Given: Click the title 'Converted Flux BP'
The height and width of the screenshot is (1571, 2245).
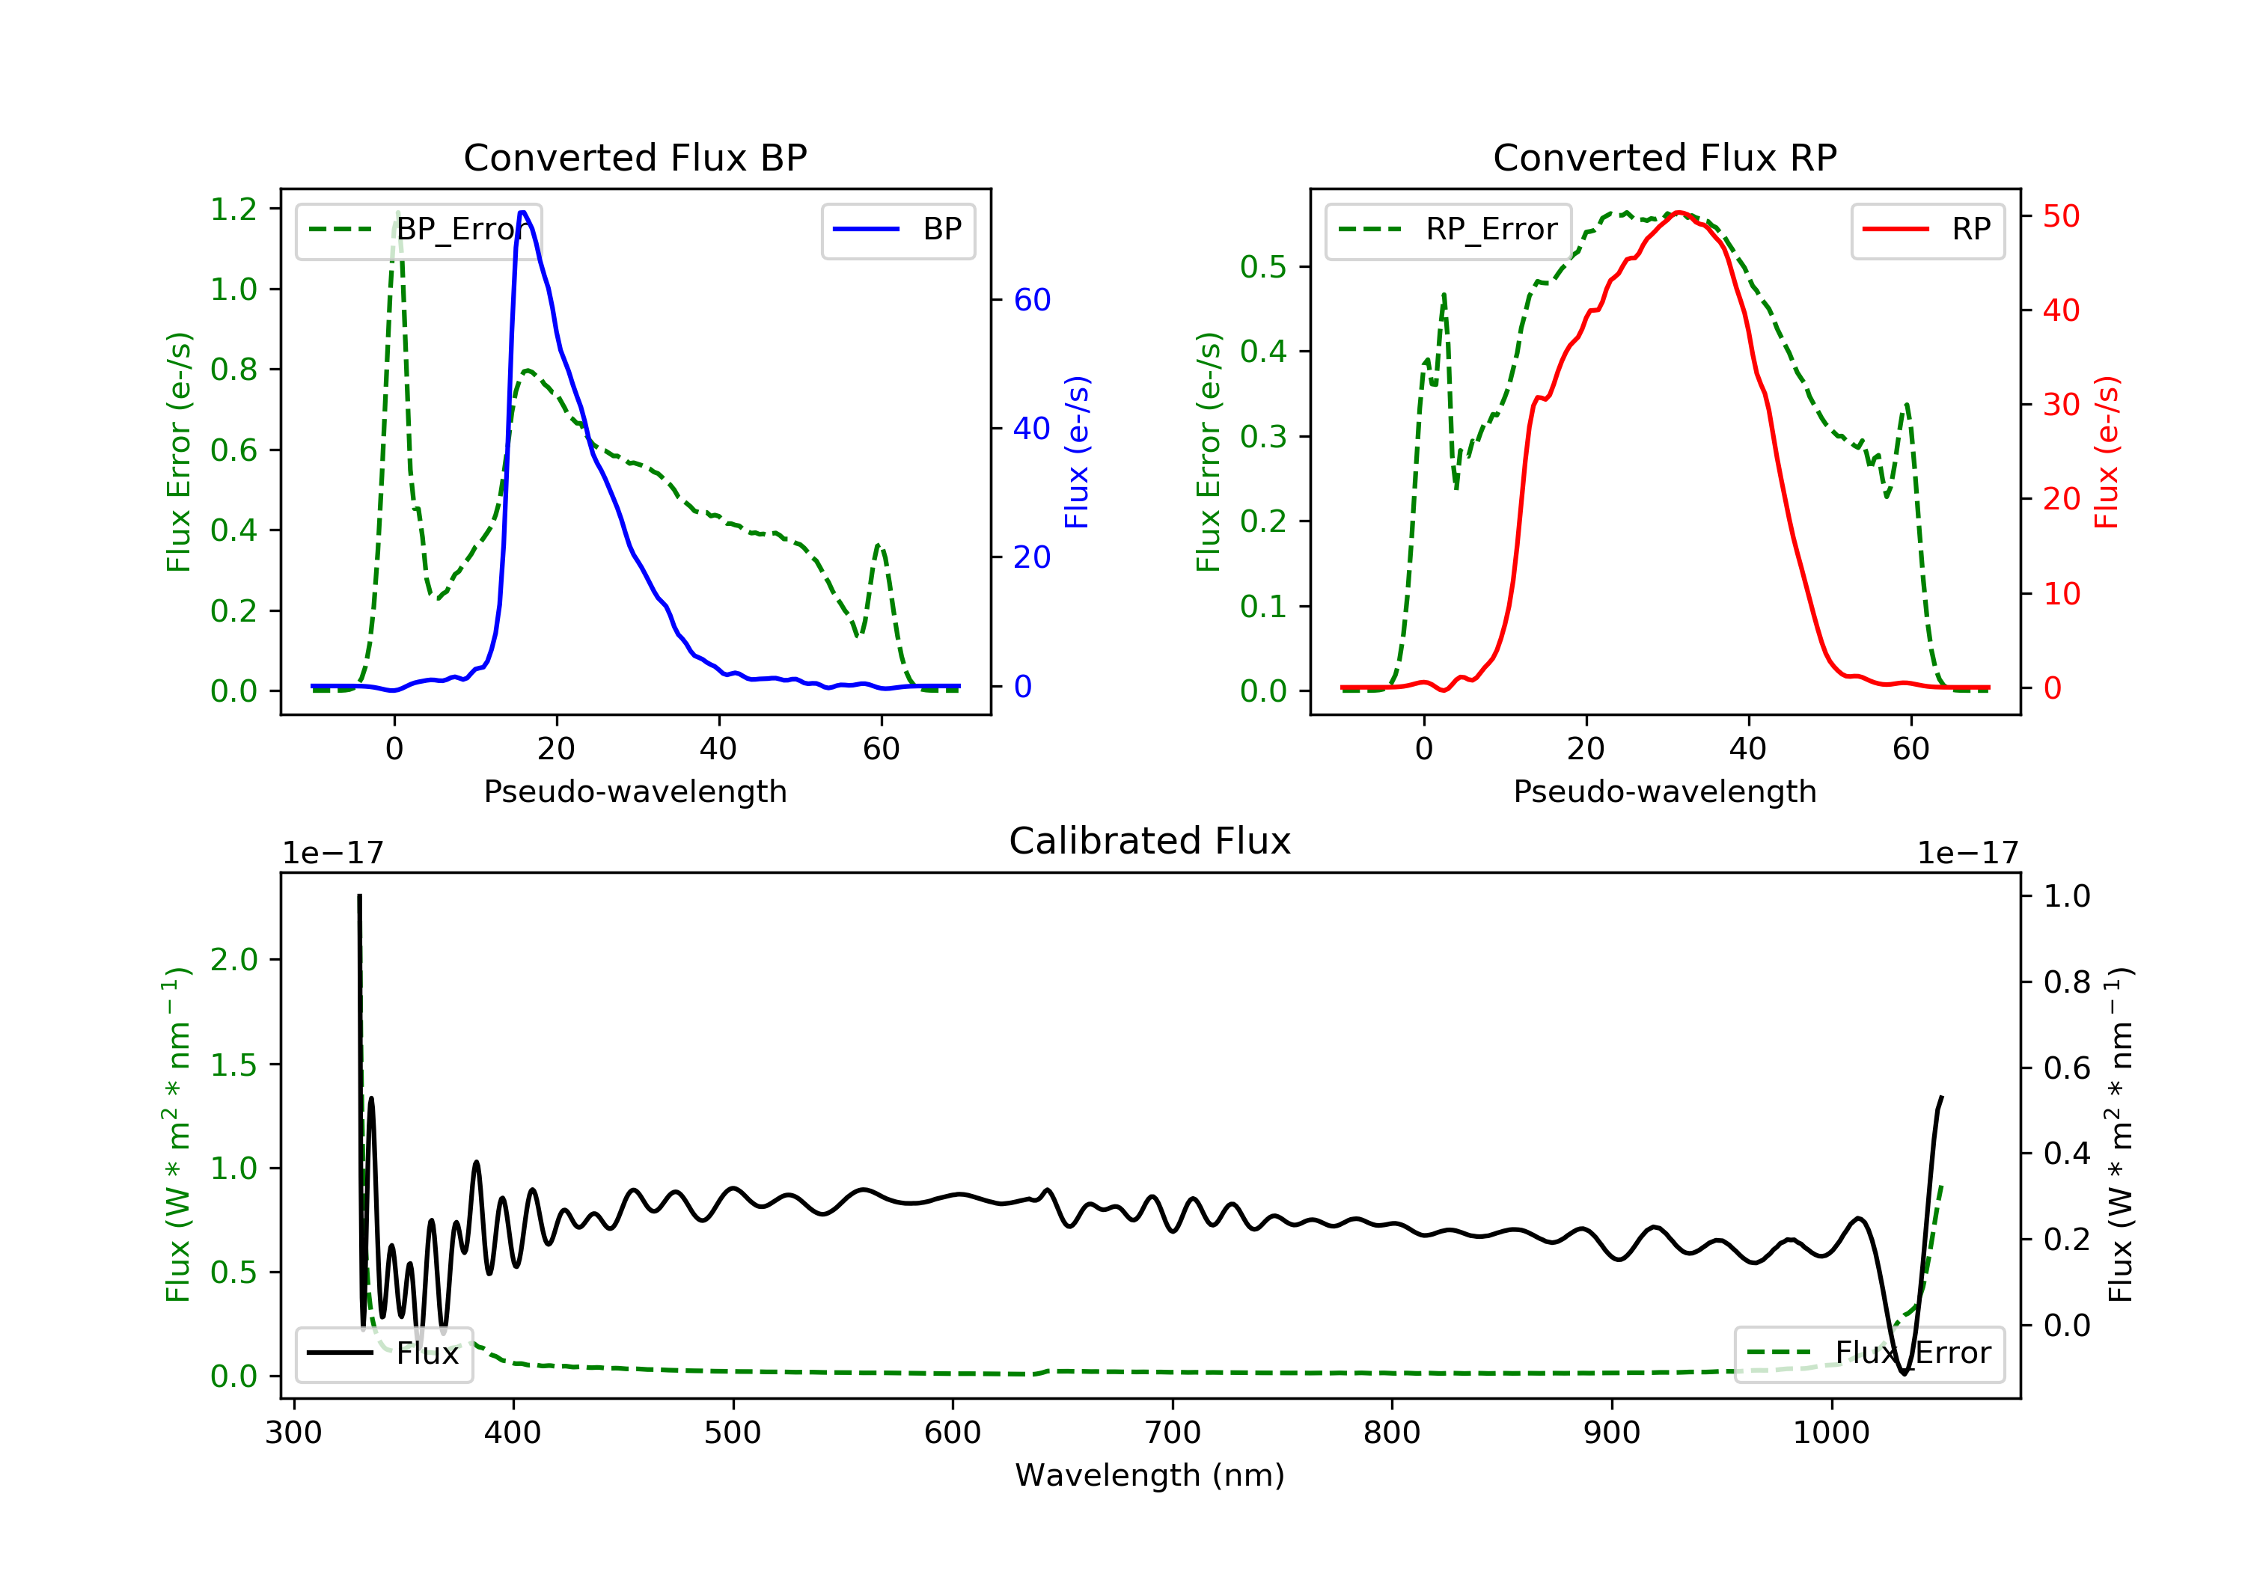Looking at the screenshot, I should tap(635, 157).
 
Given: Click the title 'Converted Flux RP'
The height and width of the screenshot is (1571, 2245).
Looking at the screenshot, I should tap(1664, 157).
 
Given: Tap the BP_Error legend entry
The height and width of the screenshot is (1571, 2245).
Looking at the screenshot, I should tap(418, 230).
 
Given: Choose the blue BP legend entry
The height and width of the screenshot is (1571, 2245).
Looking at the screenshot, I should tap(897, 230).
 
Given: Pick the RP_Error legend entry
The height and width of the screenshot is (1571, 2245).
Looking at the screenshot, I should tap(1447, 230).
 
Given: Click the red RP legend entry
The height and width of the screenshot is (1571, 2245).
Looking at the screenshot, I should tap(1927, 230).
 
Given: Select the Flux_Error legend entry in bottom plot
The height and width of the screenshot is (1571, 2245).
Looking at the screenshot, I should tap(1869, 1353).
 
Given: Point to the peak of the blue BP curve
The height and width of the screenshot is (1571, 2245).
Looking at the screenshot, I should tap(523, 212).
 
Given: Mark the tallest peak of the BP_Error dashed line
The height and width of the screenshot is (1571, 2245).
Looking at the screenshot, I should tap(397, 212).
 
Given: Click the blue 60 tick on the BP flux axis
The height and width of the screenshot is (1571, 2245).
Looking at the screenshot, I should tap(1031, 300).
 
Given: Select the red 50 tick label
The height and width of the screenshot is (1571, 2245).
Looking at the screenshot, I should tap(2061, 216).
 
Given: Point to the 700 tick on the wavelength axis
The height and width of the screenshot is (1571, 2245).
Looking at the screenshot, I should tap(1173, 1433).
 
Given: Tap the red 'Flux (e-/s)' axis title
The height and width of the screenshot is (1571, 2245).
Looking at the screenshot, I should tap(2106, 452).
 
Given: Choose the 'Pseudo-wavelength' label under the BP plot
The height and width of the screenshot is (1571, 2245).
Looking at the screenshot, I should tap(635, 791).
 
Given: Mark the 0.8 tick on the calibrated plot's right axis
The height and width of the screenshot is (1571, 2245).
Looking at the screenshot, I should tap(2066, 982).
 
